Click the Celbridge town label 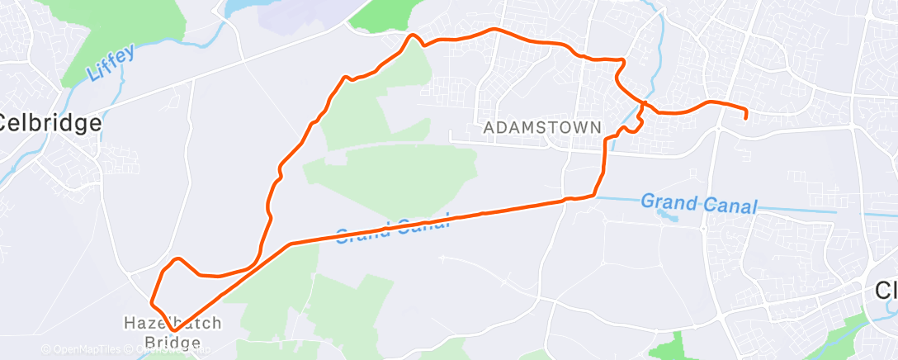tap(51, 124)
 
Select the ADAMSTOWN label tap(543, 129)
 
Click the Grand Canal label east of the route tap(698, 203)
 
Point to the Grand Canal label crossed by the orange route tap(394, 230)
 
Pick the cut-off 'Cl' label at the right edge tap(885, 291)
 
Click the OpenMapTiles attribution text tap(89, 350)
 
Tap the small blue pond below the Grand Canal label tap(665, 216)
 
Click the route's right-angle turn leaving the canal tap(595, 195)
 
